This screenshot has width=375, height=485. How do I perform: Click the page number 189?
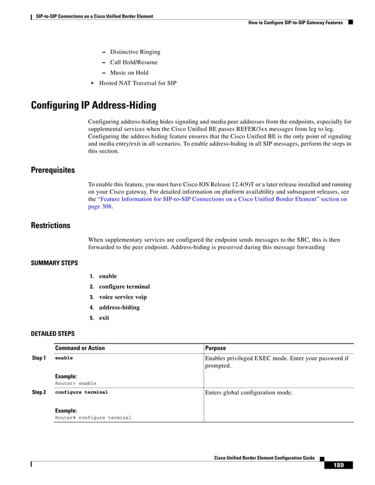tap(339, 466)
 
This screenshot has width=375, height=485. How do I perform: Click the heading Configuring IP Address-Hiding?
tap(93, 106)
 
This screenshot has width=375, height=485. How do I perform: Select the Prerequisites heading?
tap(52, 170)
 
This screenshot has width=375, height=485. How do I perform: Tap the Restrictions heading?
tap(51, 225)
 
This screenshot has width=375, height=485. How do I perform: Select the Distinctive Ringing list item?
tap(135, 52)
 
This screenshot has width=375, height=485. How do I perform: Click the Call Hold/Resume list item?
tap(133, 62)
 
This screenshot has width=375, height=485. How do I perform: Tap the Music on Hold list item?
tap(129, 73)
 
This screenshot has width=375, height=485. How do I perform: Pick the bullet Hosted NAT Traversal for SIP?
tap(138, 83)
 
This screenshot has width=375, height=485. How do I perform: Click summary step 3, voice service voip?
tap(122, 297)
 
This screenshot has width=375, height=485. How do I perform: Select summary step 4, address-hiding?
tap(119, 308)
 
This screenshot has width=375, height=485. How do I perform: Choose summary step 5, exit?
tap(104, 318)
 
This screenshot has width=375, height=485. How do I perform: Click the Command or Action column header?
tap(79, 348)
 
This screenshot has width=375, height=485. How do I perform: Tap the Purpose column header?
tap(215, 348)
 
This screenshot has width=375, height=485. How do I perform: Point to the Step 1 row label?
tap(39, 358)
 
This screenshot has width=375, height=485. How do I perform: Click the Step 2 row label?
tap(39, 392)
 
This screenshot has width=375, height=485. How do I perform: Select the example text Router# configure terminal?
tap(93, 417)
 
